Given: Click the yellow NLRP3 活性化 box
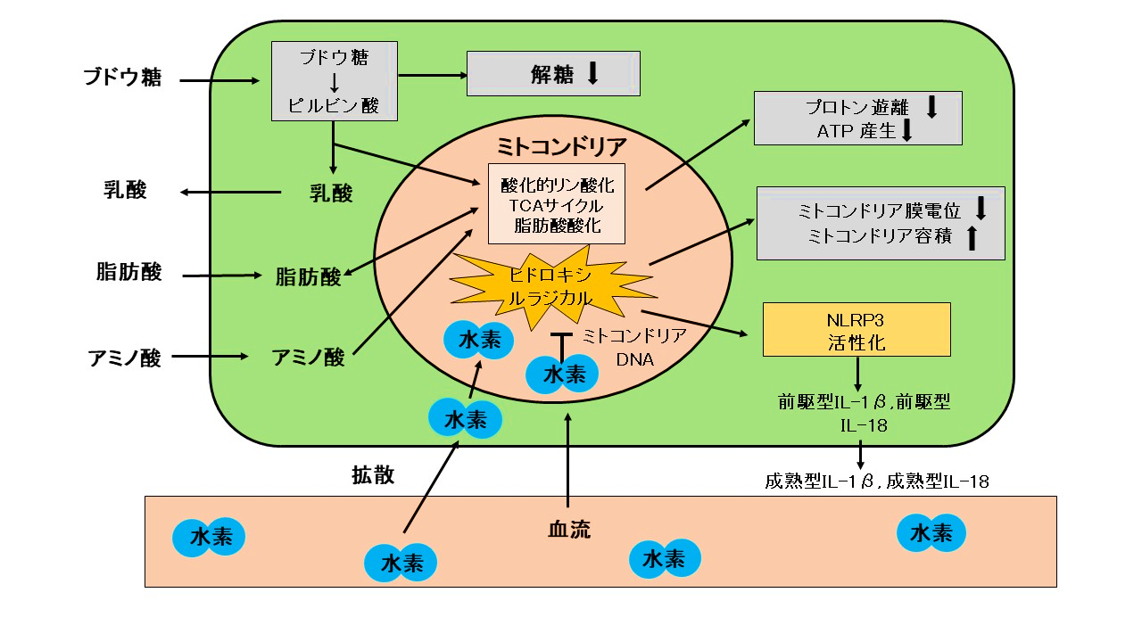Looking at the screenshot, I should [x=856, y=330].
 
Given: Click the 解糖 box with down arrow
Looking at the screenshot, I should [x=553, y=73].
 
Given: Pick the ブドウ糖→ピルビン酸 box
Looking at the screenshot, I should [x=335, y=81].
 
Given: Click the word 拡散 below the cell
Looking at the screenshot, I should [x=373, y=474].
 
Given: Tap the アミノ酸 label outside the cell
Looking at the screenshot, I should [x=125, y=358].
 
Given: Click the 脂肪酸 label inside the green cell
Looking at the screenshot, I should [x=308, y=277].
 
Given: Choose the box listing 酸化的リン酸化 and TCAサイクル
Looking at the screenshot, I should [x=557, y=204].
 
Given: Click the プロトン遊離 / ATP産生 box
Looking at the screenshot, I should [x=857, y=118].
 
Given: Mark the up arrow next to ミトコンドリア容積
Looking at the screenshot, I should [x=972, y=238].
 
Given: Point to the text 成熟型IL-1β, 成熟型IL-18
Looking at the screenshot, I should [x=876, y=482].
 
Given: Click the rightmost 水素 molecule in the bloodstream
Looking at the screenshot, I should [x=931, y=533].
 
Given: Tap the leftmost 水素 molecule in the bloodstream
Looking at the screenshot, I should [x=208, y=538].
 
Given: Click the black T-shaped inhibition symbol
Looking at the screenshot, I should [x=560, y=342].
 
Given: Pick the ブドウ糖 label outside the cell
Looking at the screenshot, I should [x=123, y=78].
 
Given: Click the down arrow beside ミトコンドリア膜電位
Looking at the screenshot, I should [x=981, y=209].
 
